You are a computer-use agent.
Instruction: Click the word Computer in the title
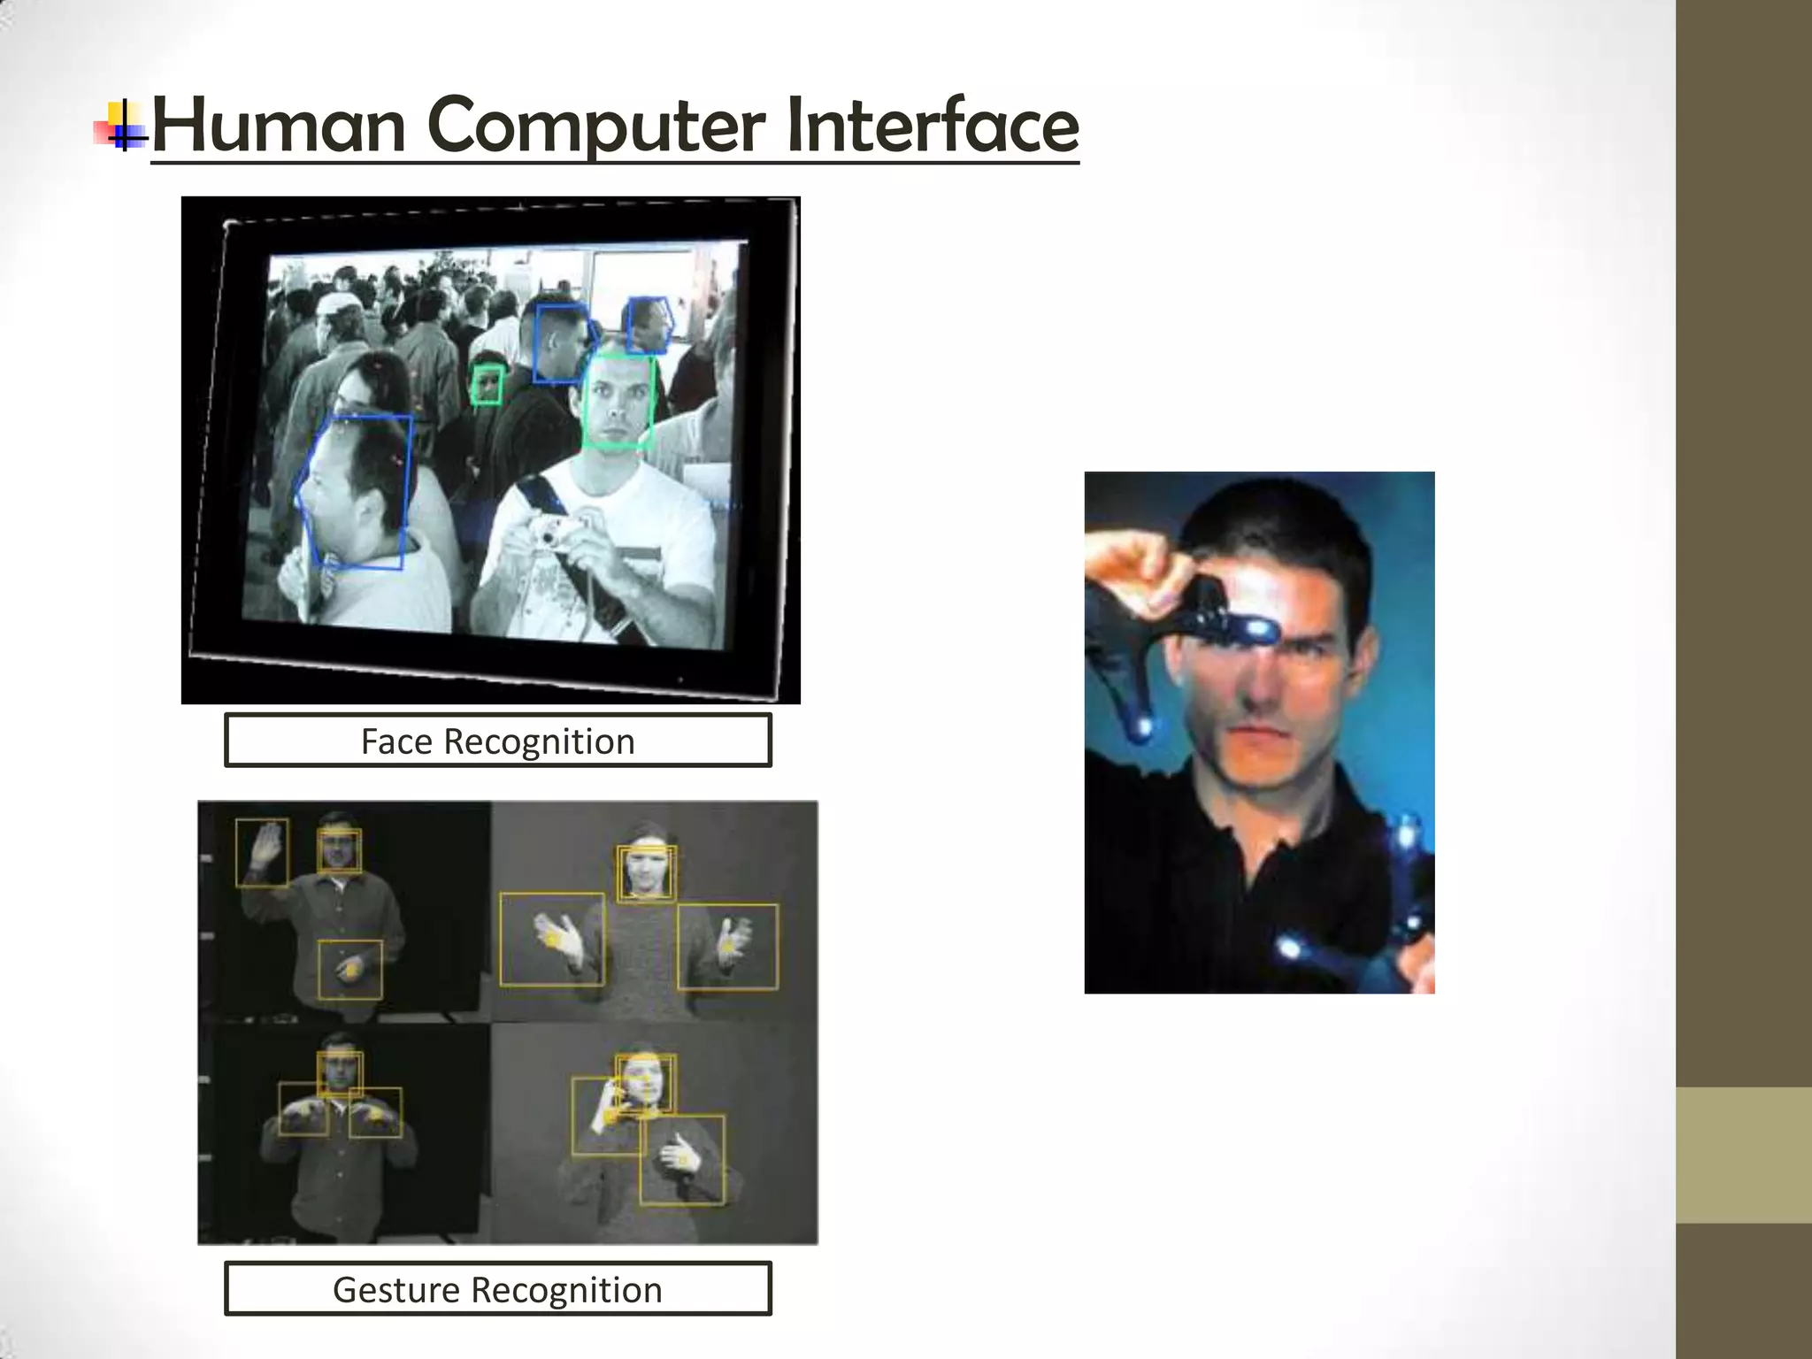[596, 126]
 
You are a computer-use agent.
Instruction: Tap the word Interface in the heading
[932, 126]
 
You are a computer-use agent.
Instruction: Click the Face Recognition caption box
[497, 741]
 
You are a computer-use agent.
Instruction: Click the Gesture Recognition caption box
[497, 1289]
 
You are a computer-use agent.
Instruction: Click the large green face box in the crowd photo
[618, 401]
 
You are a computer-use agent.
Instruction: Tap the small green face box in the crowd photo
[487, 386]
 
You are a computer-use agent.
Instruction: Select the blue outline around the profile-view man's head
[358, 491]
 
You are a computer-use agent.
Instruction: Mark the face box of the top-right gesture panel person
[646, 872]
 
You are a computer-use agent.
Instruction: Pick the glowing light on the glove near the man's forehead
[1257, 628]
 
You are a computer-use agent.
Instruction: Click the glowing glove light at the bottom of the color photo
[1290, 948]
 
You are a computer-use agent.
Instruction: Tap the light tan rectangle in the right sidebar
[1743, 1155]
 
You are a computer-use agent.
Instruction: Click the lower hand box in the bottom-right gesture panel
[681, 1159]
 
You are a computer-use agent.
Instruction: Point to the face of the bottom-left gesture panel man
[340, 1072]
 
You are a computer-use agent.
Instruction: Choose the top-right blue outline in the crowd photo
[649, 326]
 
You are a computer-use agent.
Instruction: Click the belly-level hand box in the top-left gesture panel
[350, 969]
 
